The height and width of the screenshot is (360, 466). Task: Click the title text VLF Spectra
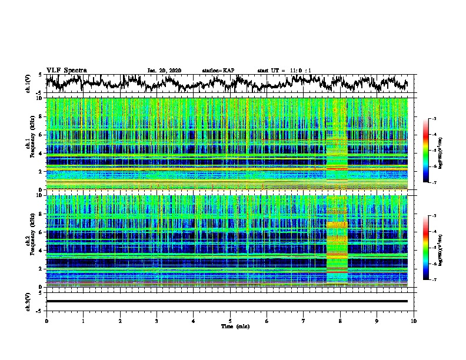[x=66, y=70]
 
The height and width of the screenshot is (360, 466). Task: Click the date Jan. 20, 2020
[x=164, y=71]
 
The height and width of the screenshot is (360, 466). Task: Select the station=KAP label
[x=218, y=71]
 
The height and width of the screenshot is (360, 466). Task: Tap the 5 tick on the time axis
[x=230, y=321]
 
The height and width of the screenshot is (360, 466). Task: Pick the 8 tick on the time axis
[x=340, y=321]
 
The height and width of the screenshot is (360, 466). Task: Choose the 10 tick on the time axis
[x=414, y=321]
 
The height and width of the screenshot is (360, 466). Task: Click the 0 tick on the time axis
[x=46, y=321]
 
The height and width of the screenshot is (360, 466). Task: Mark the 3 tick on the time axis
[x=157, y=321]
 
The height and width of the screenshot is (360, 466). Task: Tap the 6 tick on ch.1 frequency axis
[x=41, y=135]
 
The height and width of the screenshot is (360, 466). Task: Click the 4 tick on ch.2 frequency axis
[x=41, y=250]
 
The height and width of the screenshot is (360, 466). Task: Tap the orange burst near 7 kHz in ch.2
[x=337, y=225]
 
